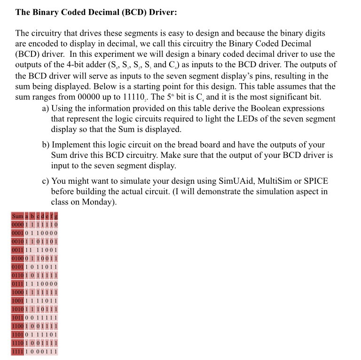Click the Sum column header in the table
[x=17, y=216]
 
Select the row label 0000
[x=17, y=225]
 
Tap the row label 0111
[x=17, y=284]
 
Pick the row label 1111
[x=17, y=351]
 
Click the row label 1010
[x=17, y=309]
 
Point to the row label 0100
[x=17, y=259]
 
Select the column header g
[x=56, y=216]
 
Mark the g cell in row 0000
[x=56, y=225]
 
